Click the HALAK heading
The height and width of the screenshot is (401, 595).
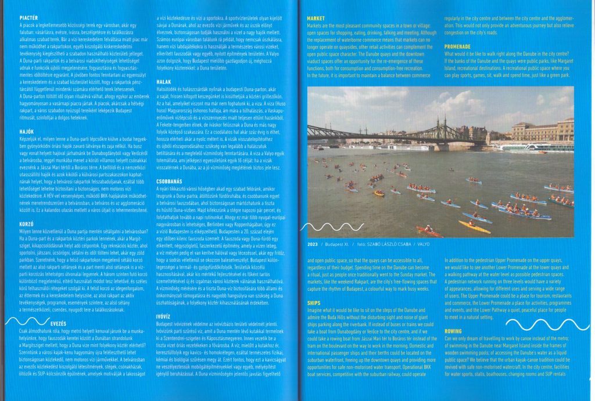coord(165,82)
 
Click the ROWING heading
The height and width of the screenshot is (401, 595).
coord(454,331)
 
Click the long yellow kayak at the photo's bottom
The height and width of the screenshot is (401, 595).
coord(474,226)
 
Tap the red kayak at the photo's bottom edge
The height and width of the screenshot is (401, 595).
coord(429,232)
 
